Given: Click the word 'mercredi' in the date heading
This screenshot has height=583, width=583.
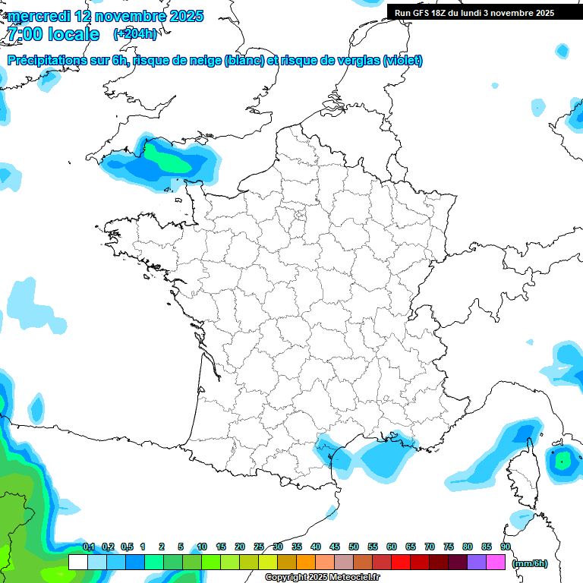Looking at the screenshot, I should (x=39, y=16).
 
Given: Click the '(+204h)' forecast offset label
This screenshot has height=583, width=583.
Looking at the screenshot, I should (x=135, y=34).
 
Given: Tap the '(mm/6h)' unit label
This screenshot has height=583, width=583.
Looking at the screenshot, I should (x=530, y=563).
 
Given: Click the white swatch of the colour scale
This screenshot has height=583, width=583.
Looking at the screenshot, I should (x=77, y=563).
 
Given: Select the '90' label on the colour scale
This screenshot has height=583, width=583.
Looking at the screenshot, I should (x=505, y=547).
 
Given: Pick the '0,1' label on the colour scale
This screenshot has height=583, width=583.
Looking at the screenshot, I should (x=89, y=547).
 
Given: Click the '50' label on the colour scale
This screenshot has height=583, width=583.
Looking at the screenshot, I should (x=354, y=547).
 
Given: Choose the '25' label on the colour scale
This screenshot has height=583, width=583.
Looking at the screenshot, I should (x=259, y=547).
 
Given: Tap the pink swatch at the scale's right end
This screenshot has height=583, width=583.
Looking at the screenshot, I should (x=496, y=563).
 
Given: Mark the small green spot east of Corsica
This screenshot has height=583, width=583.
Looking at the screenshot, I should (x=563, y=459).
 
